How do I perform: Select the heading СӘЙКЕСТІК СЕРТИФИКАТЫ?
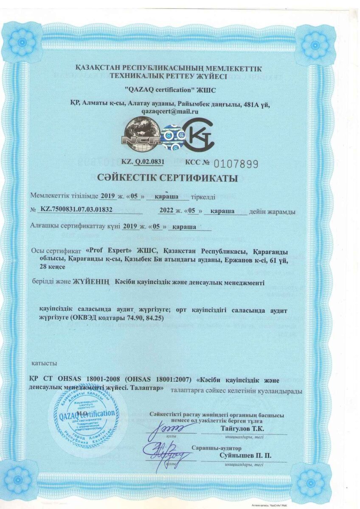180,179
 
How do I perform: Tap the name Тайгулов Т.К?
242,429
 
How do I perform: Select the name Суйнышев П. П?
245,456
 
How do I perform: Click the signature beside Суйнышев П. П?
166,454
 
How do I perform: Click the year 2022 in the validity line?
166,210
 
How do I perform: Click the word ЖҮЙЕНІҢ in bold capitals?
91,282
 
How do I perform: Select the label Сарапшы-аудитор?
216,448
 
